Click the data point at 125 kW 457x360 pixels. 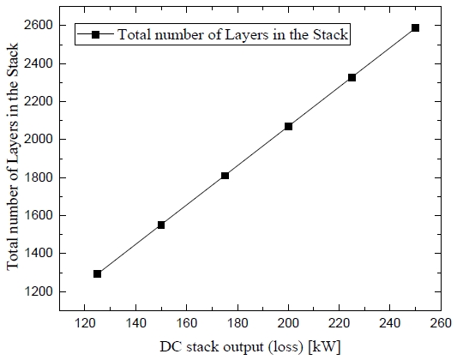click(97, 274)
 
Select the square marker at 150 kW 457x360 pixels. click(160, 225)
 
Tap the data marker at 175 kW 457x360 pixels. click(225, 176)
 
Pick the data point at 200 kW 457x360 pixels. click(288, 126)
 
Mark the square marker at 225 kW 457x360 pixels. click(352, 77)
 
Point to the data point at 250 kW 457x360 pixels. click(415, 28)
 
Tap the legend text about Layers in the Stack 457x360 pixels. click(232, 35)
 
